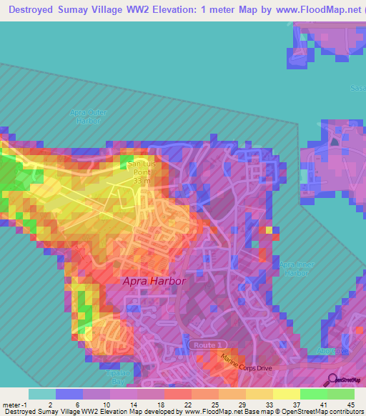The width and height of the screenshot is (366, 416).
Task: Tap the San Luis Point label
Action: tap(140, 169)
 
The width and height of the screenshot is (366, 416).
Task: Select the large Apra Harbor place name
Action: tap(154, 281)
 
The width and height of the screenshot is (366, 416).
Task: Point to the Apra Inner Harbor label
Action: tap(295, 268)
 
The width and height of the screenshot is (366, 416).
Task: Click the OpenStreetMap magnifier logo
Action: tap(334, 380)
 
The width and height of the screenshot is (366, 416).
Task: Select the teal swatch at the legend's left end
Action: tap(41, 394)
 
